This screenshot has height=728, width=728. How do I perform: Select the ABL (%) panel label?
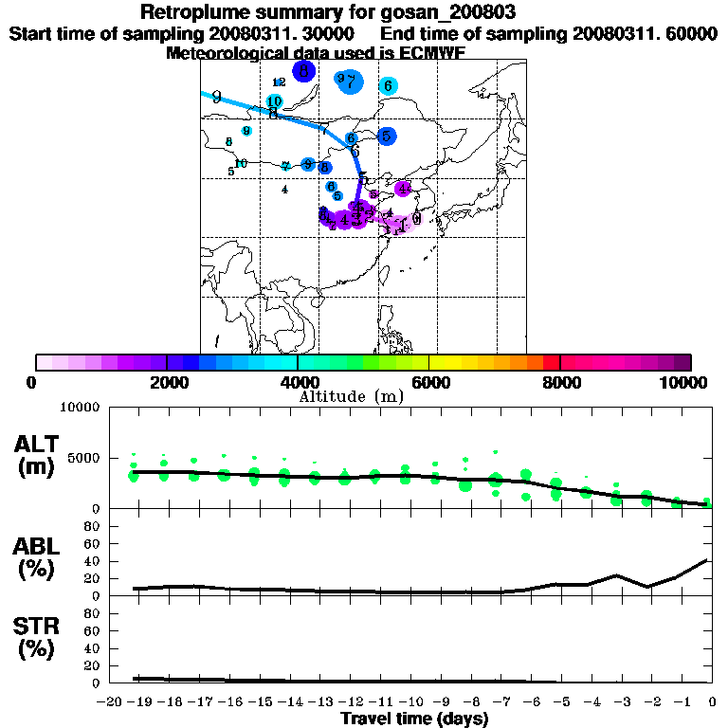38,556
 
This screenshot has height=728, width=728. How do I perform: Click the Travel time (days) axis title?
414,719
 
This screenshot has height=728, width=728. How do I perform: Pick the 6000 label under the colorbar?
430,382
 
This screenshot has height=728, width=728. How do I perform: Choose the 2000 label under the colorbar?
167,382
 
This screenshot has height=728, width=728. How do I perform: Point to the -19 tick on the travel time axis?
139,701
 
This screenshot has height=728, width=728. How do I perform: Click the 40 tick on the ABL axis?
93,560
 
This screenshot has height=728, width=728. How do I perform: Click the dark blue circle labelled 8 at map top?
303,70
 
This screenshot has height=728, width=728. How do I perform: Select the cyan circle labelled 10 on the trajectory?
275,101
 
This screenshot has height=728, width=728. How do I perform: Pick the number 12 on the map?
279,82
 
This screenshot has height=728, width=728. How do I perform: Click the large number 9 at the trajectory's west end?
217,97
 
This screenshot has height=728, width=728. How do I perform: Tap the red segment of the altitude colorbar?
552,362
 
